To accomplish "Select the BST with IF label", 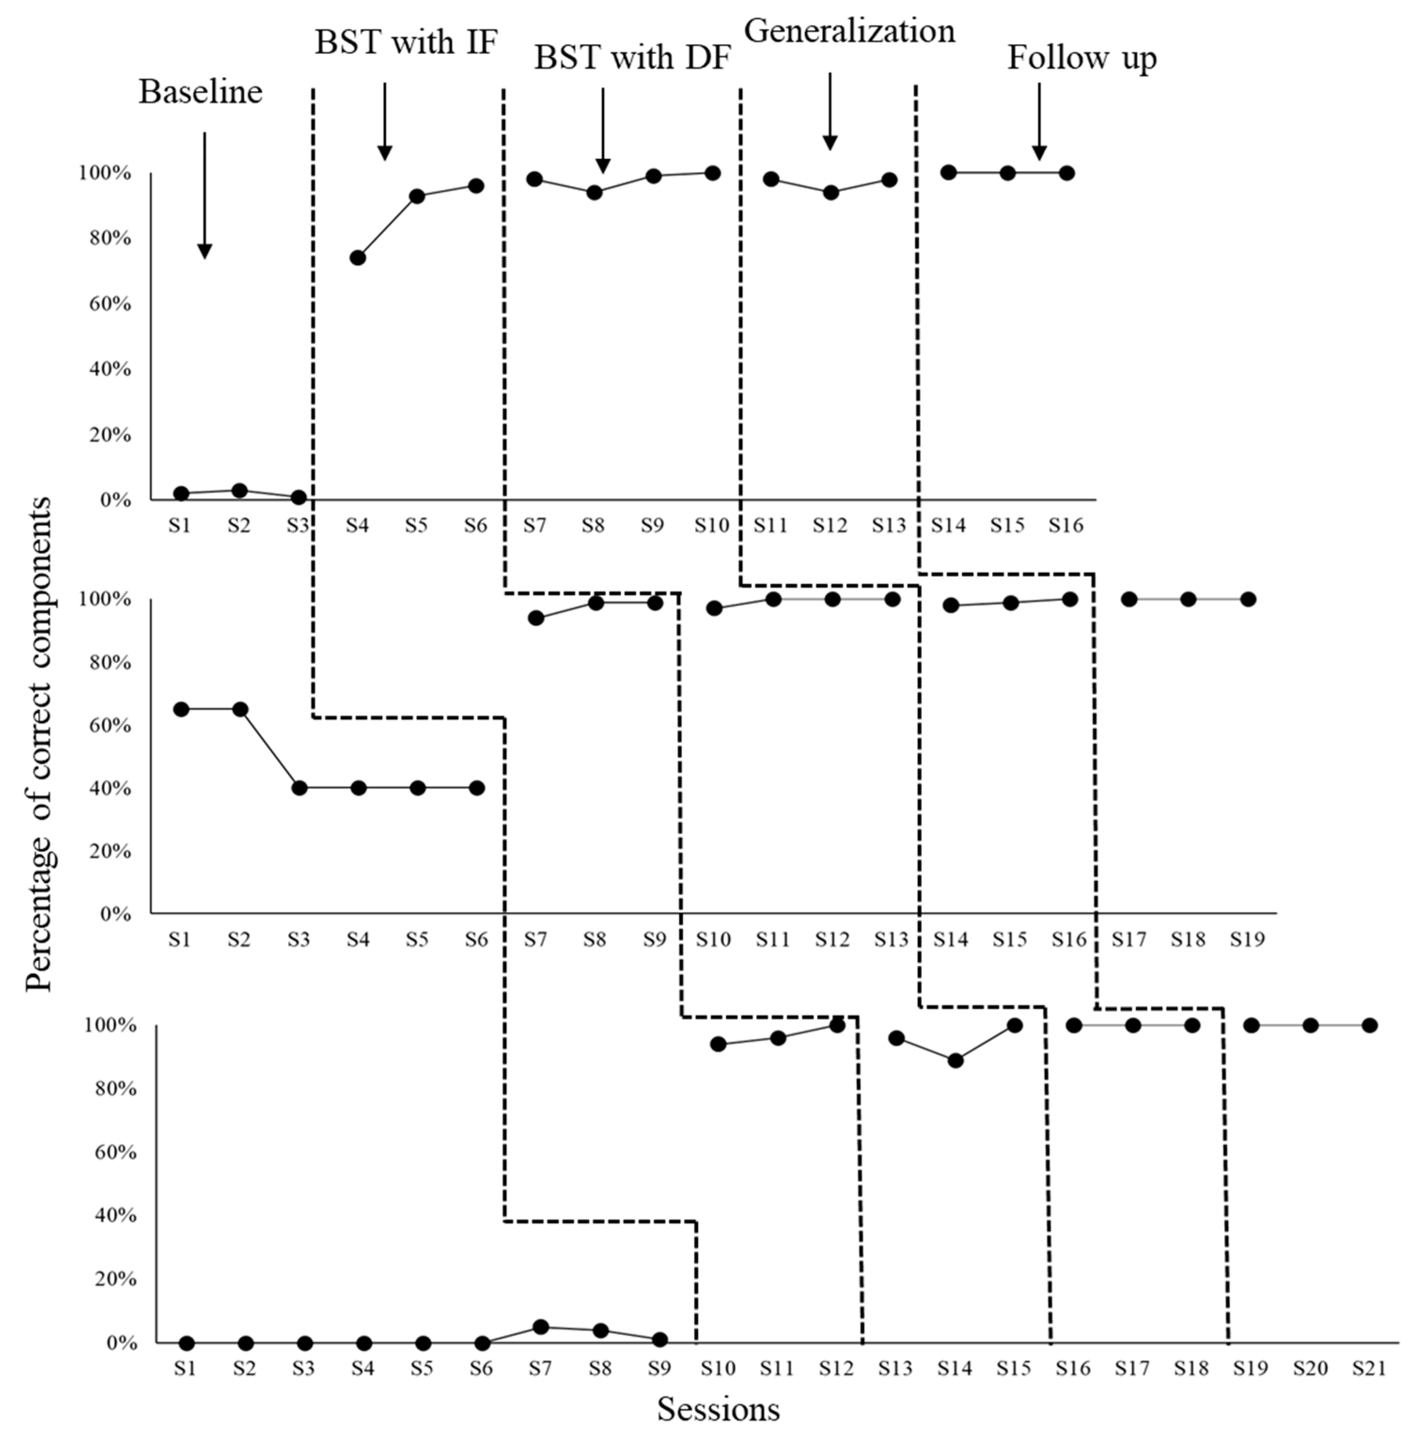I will click(x=406, y=42).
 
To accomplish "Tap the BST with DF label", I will click(x=633, y=58).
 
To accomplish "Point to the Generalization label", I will click(x=850, y=31).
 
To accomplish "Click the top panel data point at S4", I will click(x=358, y=258).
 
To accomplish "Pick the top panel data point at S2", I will click(x=239, y=491).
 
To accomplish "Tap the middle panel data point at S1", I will click(x=180, y=709).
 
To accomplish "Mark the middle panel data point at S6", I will click(x=477, y=788).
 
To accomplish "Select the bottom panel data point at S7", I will click(x=541, y=1327).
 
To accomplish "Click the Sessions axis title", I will click(x=718, y=1409).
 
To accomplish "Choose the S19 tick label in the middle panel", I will click(x=1246, y=940).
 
